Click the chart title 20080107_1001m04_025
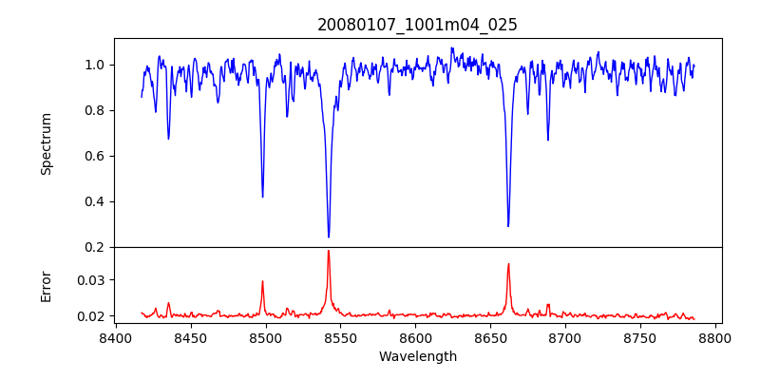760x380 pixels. [x=417, y=25]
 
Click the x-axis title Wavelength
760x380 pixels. [x=417, y=356]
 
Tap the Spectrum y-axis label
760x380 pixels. [x=47, y=143]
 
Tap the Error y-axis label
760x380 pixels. [x=47, y=286]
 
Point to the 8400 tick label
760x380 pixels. [x=115, y=338]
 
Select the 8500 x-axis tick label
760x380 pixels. [x=265, y=338]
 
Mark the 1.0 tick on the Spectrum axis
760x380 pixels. [x=95, y=65]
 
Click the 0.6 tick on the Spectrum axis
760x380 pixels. [x=95, y=156]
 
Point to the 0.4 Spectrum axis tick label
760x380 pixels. [x=95, y=201]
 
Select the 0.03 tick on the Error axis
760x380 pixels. [x=91, y=280]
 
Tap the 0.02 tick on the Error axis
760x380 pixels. [x=91, y=316]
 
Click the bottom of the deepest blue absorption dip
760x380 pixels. [x=329, y=237]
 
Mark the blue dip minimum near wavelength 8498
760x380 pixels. [x=262, y=197]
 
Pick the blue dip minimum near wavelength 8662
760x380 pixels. [x=508, y=226]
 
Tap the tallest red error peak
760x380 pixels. [x=329, y=251]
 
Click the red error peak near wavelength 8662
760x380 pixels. [x=508, y=264]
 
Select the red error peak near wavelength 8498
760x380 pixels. [x=262, y=281]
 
